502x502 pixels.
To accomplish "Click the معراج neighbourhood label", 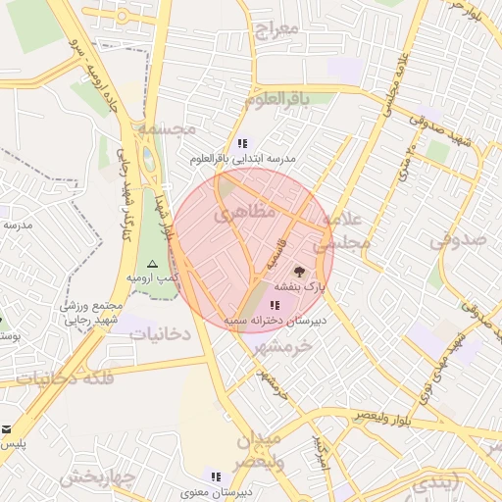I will [x=276, y=28].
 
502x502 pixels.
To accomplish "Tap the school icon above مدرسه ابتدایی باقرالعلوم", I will [x=243, y=142].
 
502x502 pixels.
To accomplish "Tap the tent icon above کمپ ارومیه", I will [x=151, y=265].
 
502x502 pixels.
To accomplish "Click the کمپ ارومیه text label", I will [x=152, y=278].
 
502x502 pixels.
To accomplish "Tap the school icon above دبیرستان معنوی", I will [x=216, y=476].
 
